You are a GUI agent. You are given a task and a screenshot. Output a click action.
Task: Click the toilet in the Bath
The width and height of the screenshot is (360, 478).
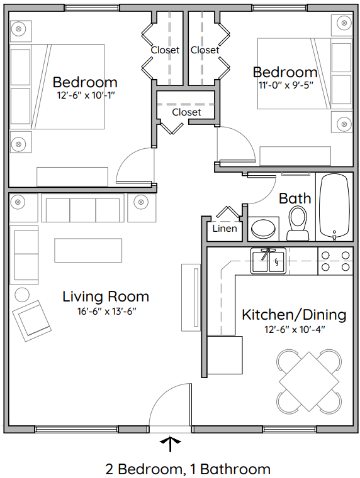tap(298, 224)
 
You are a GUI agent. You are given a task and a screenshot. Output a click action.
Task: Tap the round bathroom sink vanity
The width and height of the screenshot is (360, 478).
tap(264, 229)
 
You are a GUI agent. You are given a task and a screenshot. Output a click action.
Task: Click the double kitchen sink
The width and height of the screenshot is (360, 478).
tap(269, 261)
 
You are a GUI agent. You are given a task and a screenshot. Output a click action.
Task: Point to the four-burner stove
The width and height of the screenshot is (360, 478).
tap(335, 261)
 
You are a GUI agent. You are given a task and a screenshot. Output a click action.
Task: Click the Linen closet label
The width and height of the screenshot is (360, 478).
tap(225, 229)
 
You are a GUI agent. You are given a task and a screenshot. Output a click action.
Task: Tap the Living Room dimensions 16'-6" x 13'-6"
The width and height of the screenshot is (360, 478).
tap(105, 311)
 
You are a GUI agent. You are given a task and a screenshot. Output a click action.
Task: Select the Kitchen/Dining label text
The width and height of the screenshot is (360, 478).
tap(294, 315)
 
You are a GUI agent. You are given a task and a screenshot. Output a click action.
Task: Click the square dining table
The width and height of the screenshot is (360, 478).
tap(309, 381)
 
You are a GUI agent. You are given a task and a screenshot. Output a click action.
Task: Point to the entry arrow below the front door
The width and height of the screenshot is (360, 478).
tap(169, 444)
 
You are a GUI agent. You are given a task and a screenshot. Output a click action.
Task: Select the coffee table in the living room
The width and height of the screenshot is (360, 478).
tap(87, 250)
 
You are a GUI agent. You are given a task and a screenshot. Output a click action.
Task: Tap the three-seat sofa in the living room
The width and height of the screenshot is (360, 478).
tap(82, 208)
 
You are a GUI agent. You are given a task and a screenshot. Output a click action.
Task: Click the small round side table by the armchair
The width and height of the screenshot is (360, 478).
tap(22, 294)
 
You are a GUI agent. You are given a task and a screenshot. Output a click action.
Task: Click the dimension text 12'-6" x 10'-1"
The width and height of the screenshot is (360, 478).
tap(85, 95)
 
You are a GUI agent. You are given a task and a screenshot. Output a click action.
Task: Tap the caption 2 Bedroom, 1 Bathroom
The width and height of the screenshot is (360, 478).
tap(188, 469)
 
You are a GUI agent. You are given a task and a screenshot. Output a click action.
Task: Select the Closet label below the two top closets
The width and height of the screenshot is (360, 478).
tap(186, 112)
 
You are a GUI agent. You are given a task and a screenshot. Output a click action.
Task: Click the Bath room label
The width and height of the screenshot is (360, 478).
tap(295, 198)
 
